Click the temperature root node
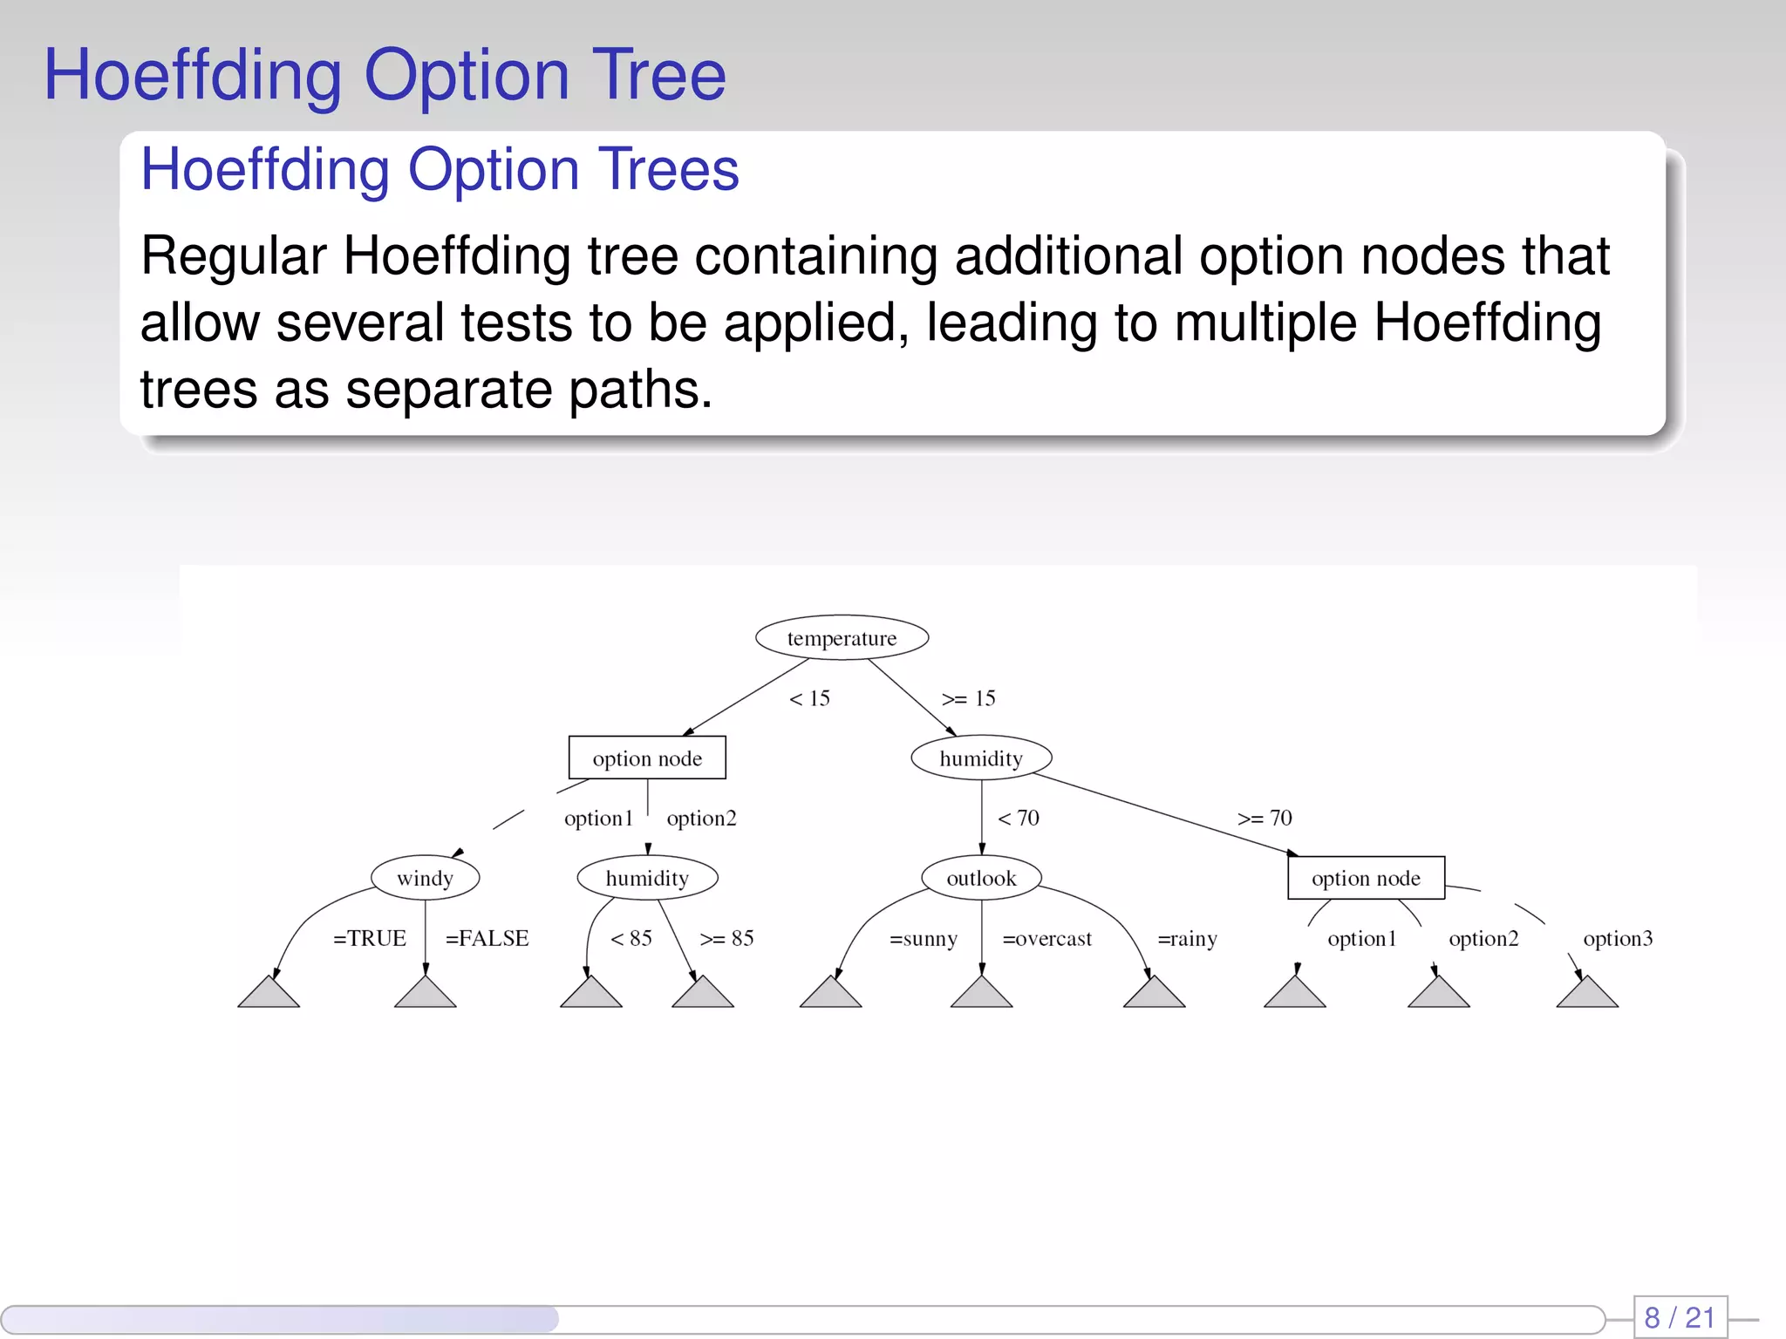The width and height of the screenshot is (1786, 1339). [842, 638]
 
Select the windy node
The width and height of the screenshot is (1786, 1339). [425, 878]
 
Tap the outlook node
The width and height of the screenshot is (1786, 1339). [981, 878]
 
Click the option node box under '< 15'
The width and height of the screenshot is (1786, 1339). [647, 758]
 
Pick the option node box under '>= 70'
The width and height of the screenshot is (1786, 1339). [1366, 878]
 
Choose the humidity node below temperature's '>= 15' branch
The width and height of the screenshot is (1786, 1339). [981, 758]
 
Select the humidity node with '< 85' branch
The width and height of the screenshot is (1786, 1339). [647, 878]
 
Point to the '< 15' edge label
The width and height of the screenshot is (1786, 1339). [809, 698]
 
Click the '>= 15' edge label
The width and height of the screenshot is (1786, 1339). [968, 698]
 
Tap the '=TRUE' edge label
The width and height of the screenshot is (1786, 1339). [370, 938]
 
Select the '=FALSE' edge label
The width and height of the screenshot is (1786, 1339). [487, 938]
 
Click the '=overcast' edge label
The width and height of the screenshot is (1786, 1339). [1046, 939]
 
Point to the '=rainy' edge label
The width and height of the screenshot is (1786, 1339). [1187, 939]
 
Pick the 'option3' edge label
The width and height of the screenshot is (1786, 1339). [1618, 939]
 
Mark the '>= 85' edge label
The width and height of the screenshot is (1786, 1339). [726, 938]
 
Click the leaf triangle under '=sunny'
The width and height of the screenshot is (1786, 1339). [830, 994]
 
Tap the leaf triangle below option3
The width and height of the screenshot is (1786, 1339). [1587, 994]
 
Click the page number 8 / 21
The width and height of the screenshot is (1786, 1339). [1680, 1316]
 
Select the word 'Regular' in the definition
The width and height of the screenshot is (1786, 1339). [234, 256]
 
